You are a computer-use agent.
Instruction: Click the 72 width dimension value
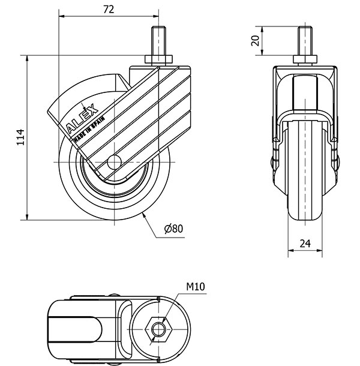tap(109, 8)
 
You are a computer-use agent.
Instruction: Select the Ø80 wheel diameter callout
tap(172, 228)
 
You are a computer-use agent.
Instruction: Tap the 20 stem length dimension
tap(255, 41)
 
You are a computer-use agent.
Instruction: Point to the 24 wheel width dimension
tap(305, 244)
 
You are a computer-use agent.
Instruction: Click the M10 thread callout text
tap(196, 287)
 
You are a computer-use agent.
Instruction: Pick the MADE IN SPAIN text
tap(89, 128)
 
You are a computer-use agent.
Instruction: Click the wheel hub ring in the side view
tap(90, 180)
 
